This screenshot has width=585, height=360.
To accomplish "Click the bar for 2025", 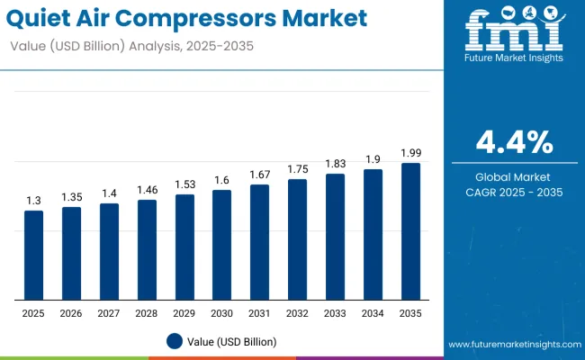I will (x=33, y=256).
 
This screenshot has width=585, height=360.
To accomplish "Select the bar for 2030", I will (x=221, y=245).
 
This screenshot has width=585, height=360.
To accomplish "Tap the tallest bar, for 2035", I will (x=410, y=231).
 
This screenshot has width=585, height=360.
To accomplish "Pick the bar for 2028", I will (x=147, y=250).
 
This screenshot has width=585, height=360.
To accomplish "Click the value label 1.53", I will (x=184, y=184).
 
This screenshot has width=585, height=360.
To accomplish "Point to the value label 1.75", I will (x=297, y=169).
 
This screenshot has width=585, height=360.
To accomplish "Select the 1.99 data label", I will (x=410, y=153).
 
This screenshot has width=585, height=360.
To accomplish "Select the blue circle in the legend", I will (x=175, y=341).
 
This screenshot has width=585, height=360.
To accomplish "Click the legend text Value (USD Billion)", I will (x=231, y=341).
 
